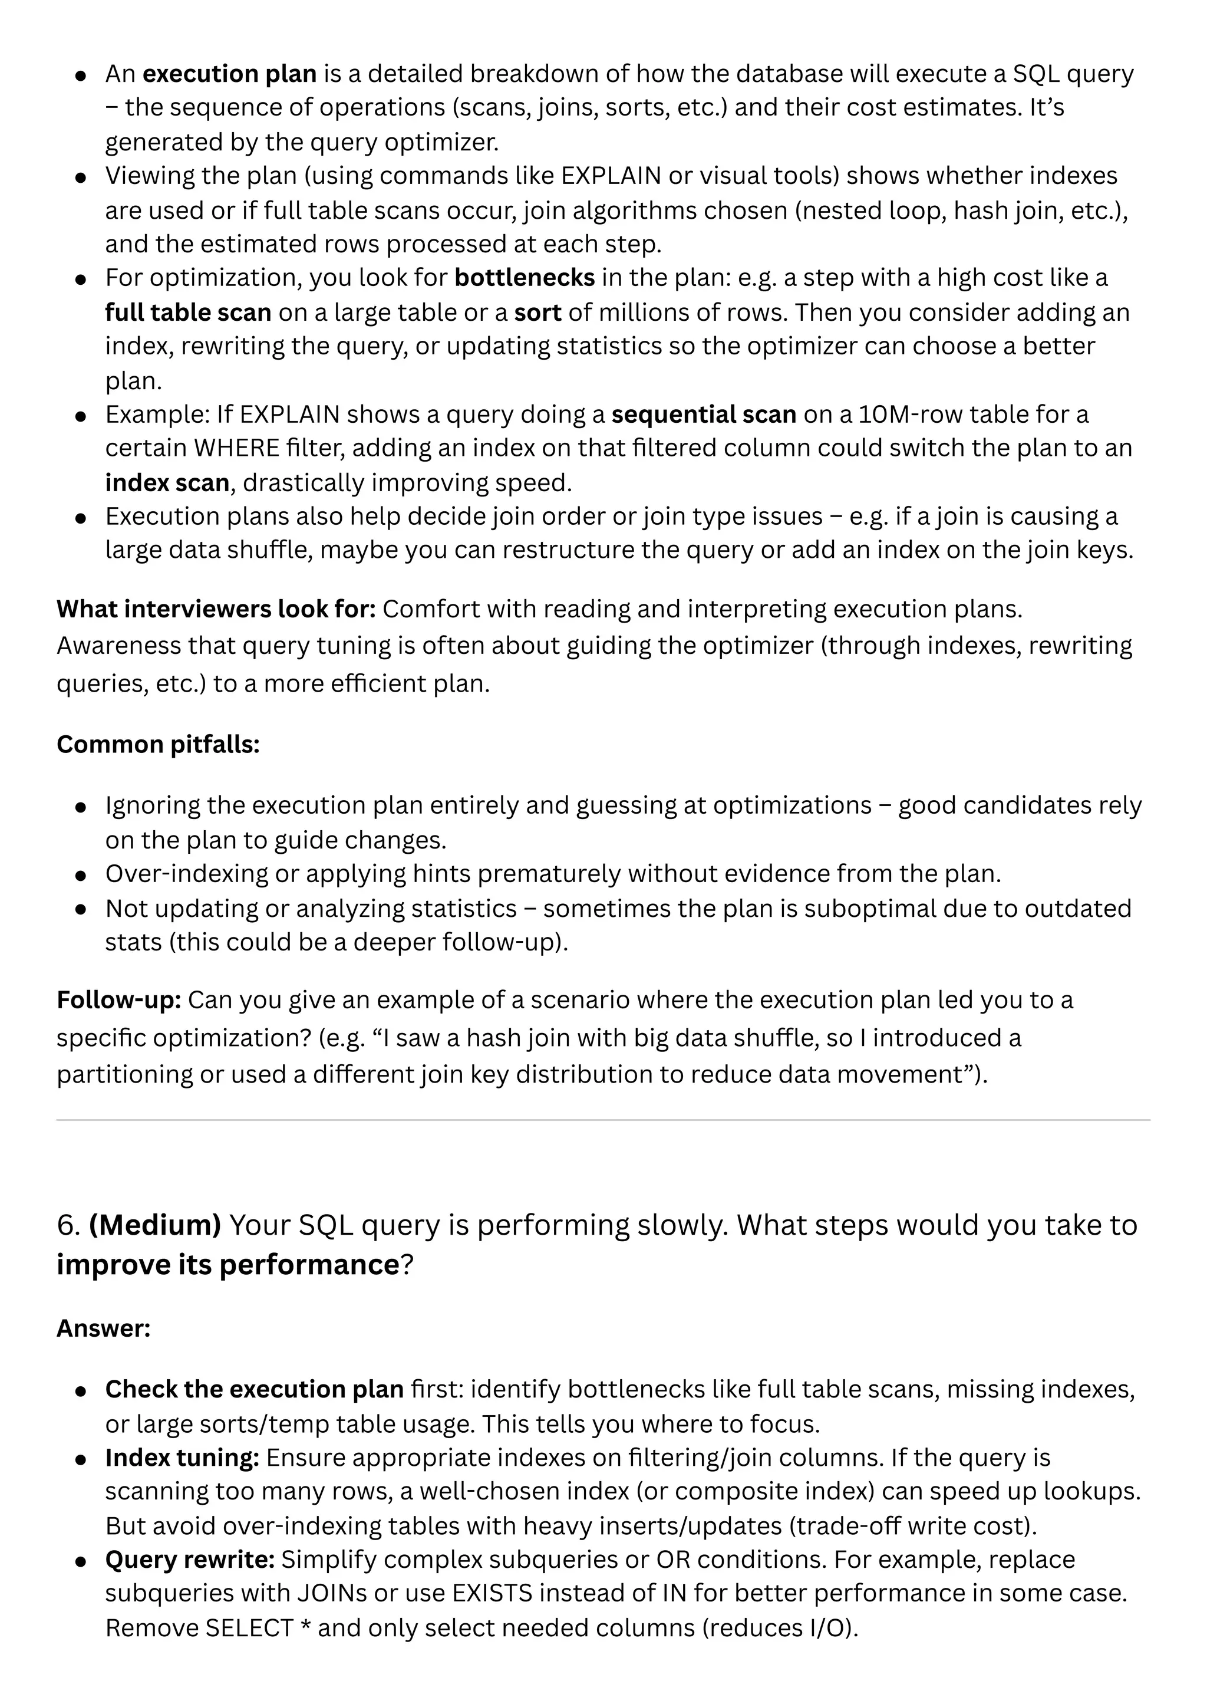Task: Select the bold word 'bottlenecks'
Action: (524, 277)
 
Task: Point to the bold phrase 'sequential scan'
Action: (703, 413)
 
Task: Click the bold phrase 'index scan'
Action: (166, 482)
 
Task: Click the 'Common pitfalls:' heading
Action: (157, 744)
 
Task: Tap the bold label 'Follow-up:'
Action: (119, 999)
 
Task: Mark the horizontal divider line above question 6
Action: (603, 1120)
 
